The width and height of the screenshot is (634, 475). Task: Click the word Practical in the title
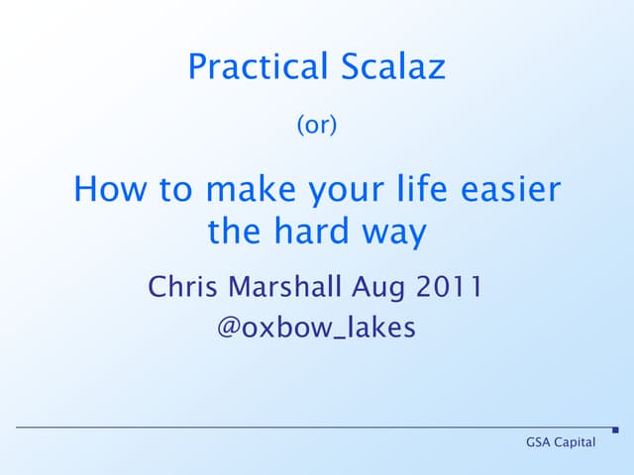[255, 68]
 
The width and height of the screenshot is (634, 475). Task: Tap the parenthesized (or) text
[317, 126]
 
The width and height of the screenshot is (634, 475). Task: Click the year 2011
[451, 288]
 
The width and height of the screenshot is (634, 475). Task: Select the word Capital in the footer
[577, 442]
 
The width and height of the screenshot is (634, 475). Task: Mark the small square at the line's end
[615, 429]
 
